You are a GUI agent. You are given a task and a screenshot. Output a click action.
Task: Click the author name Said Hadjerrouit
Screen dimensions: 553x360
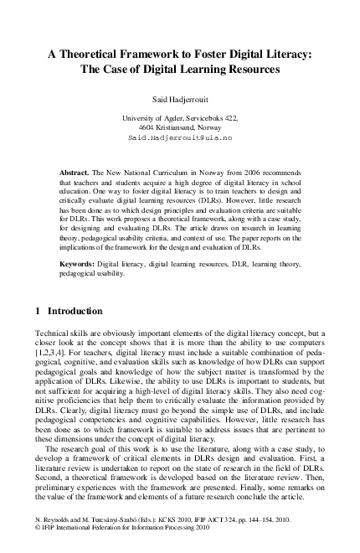(180, 97)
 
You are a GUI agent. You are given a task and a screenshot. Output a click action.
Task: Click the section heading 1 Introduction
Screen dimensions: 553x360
(69, 311)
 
